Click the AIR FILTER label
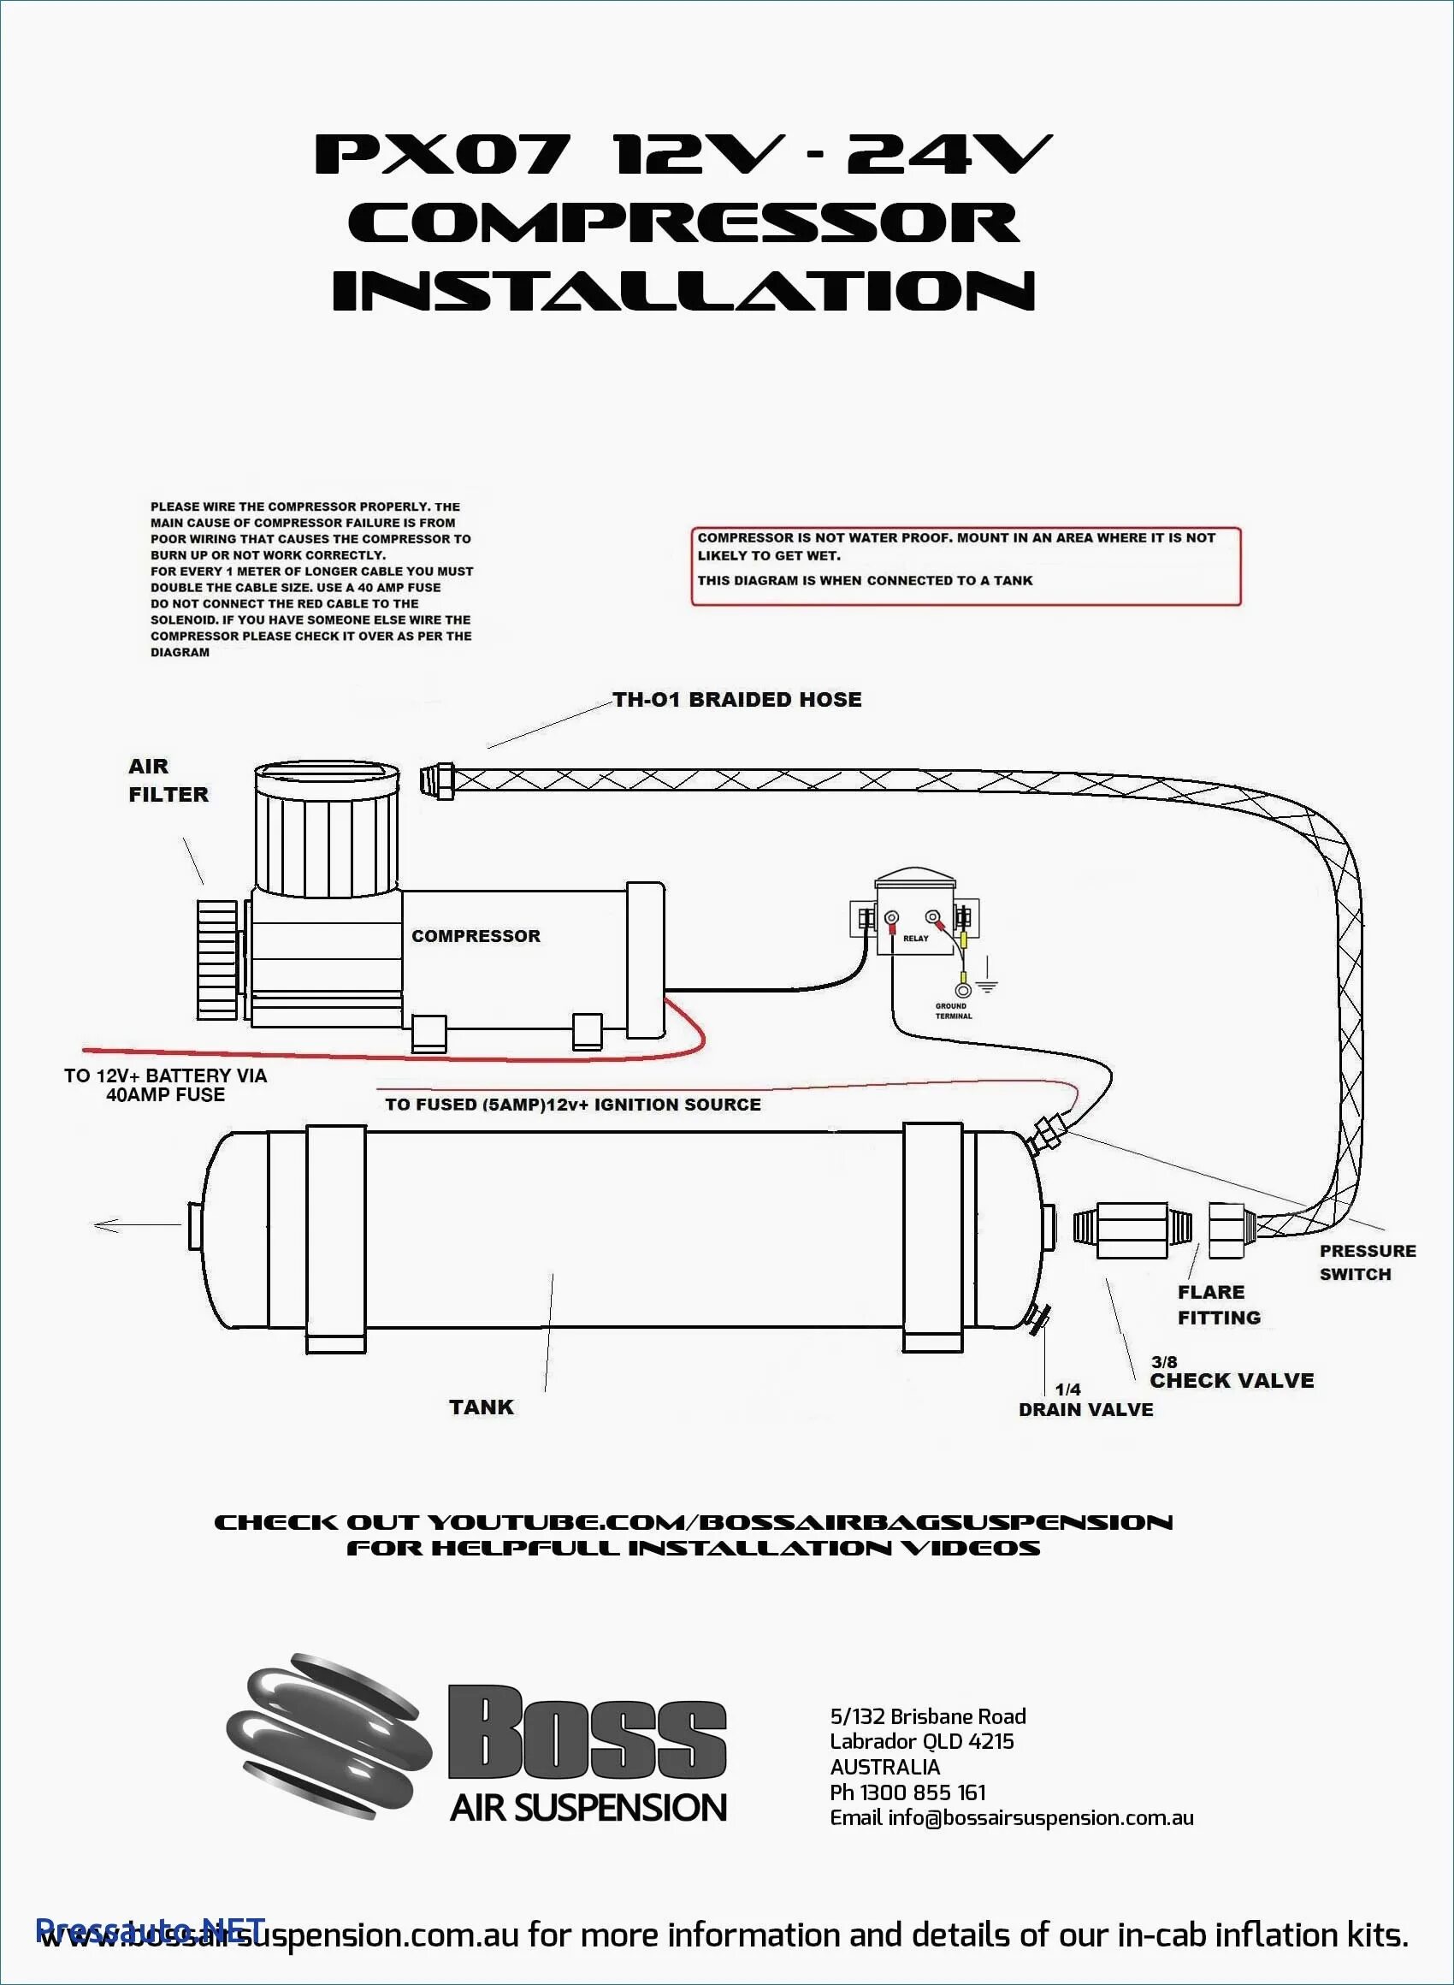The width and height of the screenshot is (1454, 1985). pos(168,780)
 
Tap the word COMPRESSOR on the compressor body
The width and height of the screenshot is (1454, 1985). pos(476,936)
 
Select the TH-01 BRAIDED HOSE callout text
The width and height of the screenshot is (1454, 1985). pos(736,700)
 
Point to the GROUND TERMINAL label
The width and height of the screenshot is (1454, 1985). pos(952,1010)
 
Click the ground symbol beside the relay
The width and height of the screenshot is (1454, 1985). pos(987,986)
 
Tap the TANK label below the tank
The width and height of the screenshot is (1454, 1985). pos(481,1407)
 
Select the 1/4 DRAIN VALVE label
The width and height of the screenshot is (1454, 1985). pos(1085,1401)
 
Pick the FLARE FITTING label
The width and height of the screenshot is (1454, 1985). pos(1218,1305)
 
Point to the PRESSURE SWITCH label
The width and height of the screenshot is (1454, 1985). pos(1366,1262)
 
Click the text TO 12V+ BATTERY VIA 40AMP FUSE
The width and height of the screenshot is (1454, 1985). pos(164,1085)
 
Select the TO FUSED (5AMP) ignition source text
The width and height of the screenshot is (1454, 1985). pos(573,1105)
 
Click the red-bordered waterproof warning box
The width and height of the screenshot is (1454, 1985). pos(966,566)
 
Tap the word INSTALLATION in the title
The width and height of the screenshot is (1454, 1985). pos(683,291)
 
